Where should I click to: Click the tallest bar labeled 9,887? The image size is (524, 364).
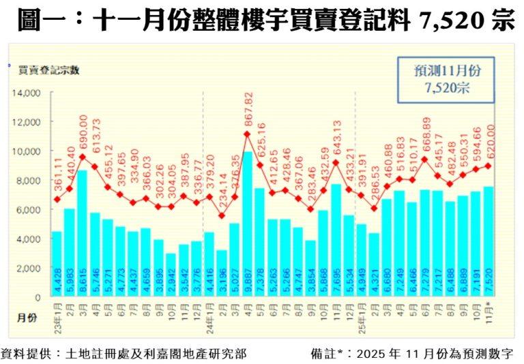(248, 225)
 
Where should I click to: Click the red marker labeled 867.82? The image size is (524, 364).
(248, 134)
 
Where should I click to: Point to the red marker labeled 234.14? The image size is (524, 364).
(222, 216)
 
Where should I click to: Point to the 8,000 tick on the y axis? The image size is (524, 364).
(29, 181)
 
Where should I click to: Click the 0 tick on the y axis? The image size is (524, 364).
(38, 297)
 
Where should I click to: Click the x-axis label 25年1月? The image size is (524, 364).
(361, 313)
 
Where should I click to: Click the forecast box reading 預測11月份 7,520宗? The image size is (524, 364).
(446, 79)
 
